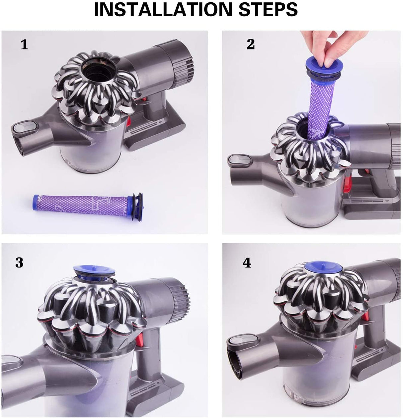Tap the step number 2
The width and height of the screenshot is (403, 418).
tap(251, 44)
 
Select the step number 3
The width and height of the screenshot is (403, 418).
tap(19, 262)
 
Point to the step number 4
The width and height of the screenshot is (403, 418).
tap(247, 263)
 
